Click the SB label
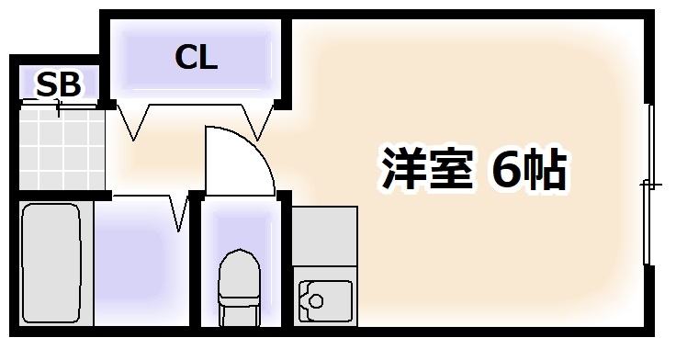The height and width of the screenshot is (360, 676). point(59,84)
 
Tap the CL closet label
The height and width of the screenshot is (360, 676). point(196,58)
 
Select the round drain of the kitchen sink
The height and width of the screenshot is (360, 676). point(317,299)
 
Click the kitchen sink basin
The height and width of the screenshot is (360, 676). point(323,300)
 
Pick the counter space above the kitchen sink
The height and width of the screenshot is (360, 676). point(323,239)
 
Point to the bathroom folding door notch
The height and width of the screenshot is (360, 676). point(179,213)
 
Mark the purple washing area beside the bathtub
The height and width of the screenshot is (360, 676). point(132,266)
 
